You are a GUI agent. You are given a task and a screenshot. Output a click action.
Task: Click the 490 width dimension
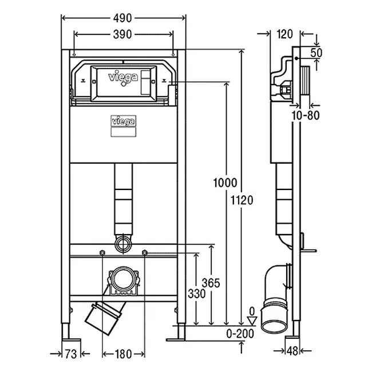(x=124, y=18)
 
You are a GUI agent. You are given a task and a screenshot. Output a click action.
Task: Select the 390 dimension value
(x=124, y=34)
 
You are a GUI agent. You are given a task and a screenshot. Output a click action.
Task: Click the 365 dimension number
(x=211, y=282)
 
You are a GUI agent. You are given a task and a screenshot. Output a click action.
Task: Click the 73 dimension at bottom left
(x=70, y=354)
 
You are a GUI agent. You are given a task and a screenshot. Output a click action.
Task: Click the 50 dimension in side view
(x=316, y=53)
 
